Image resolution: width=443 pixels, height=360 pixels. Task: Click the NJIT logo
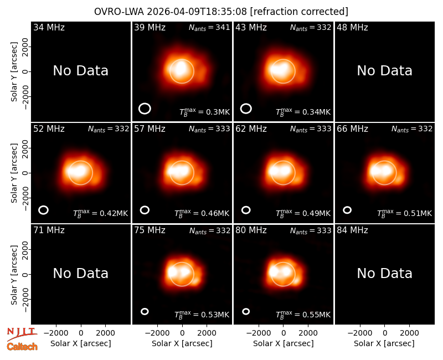pyautogui.click(x=22, y=334)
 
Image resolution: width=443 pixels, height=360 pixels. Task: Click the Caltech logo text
pyautogui.click(x=22, y=347)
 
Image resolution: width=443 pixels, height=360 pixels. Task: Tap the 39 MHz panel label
pyautogui.click(x=150, y=27)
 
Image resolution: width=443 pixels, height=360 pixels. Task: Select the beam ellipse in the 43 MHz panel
pyautogui.click(x=246, y=109)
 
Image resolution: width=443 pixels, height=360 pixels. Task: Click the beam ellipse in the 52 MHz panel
pyautogui.click(x=44, y=210)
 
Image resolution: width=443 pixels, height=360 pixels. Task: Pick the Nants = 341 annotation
pyautogui.click(x=209, y=27)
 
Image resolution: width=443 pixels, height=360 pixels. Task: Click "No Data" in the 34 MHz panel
pyautogui.click(x=81, y=71)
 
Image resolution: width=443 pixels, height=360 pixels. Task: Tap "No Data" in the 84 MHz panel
pyautogui.click(x=384, y=273)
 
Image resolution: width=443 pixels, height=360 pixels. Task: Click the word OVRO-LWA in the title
pyautogui.click(x=119, y=12)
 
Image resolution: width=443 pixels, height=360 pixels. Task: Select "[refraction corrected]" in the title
pyautogui.click(x=299, y=12)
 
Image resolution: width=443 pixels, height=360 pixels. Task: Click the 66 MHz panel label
pyautogui.click(x=352, y=129)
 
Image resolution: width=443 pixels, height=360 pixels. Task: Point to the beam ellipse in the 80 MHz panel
pyautogui.click(x=246, y=311)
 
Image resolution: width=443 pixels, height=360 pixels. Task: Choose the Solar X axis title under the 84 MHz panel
pyautogui.click(x=384, y=343)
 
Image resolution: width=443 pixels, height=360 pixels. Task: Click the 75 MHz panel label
pyautogui.click(x=150, y=230)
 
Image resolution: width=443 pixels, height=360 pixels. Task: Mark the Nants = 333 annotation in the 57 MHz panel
pyautogui.click(x=209, y=129)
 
